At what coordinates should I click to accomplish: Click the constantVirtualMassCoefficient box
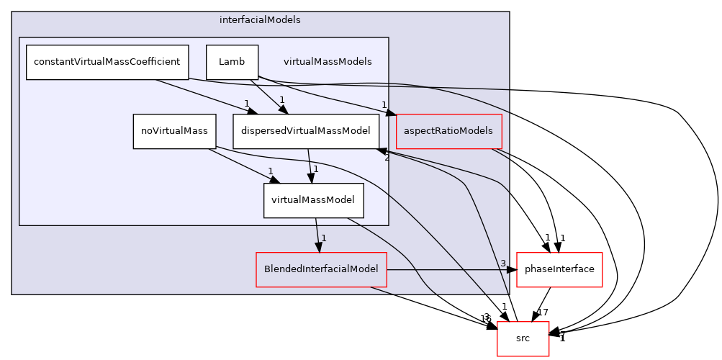click(x=107, y=62)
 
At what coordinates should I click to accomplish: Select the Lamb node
click(x=232, y=62)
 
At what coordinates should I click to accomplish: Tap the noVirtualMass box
click(x=174, y=131)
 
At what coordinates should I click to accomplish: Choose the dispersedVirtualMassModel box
click(x=306, y=131)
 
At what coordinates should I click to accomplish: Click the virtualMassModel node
click(x=313, y=201)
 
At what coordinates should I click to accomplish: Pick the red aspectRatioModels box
click(x=448, y=131)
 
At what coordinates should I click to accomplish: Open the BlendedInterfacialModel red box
click(x=321, y=269)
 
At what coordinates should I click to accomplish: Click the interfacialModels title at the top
click(x=260, y=20)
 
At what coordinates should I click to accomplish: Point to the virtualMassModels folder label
click(x=328, y=62)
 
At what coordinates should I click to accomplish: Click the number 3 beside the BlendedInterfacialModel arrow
click(x=502, y=263)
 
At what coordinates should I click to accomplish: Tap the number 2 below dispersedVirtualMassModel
click(x=387, y=157)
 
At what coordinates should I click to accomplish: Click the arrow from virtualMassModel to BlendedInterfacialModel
click(x=317, y=234)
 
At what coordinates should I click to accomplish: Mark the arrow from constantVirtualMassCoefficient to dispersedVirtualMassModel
click(x=202, y=96)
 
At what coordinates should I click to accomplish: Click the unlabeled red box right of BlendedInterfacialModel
click(x=559, y=270)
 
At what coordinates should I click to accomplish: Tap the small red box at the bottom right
click(x=523, y=338)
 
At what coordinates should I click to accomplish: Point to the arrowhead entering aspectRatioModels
click(x=390, y=112)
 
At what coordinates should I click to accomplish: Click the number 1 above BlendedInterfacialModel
click(x=324, y=238)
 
